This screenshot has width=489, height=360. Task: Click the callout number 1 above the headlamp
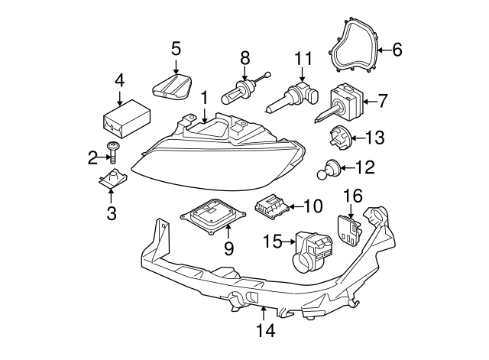point(204,97)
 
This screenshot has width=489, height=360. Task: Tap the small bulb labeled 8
point(238,95)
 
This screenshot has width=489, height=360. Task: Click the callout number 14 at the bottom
point(264,332)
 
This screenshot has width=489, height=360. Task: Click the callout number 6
point(397,50)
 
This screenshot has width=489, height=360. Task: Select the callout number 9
point(228,248)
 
